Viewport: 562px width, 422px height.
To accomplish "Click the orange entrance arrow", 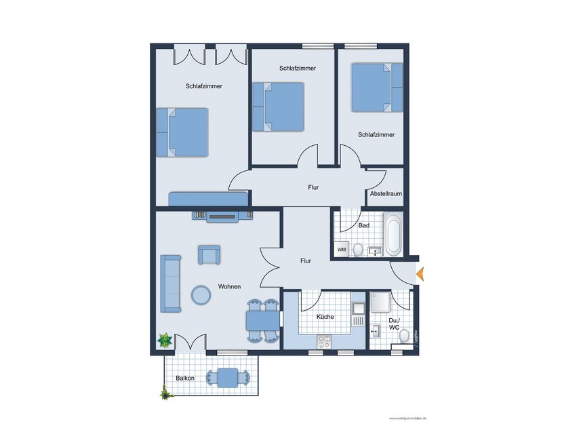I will [x=420, y=274].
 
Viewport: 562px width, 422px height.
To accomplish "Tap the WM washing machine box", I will [x=342, y=250].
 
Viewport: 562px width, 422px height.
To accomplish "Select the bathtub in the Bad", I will [x=393, y=234].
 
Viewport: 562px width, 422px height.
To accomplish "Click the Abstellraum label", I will [x=386, y=194].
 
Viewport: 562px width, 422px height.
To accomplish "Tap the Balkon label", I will [x=185, y=378].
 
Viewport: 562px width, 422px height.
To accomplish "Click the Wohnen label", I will [x=229, y=287].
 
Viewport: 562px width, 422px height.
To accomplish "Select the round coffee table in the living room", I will [x=201, y=294].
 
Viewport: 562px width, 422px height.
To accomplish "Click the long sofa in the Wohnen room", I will [x=170, y=284].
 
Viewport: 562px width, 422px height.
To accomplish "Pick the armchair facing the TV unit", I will [x=209, y=254].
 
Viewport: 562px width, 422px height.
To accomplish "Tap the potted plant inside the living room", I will [x=164, y=340].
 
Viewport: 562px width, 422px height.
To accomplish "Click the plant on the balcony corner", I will [x=165, y=392].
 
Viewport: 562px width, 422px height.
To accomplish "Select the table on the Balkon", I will [x=228, y=377].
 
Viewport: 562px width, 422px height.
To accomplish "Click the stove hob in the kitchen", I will [x=323, y=341].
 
